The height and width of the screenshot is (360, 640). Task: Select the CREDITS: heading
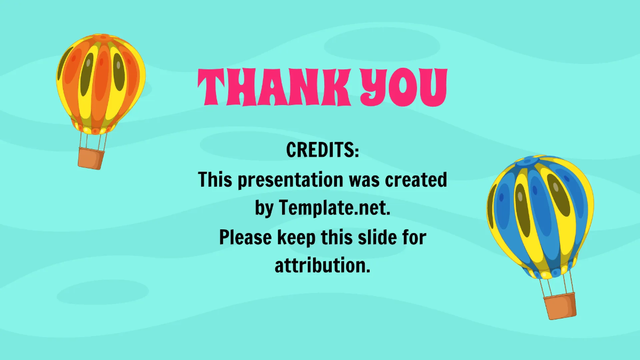[323, 150]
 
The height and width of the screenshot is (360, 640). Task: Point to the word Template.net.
[334, 209]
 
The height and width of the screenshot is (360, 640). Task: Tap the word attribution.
[323, 266]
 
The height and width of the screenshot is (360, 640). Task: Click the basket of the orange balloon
[91, 158]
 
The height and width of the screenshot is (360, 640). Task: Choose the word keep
[297, 237]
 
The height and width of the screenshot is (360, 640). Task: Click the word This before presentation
[216, 180]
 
